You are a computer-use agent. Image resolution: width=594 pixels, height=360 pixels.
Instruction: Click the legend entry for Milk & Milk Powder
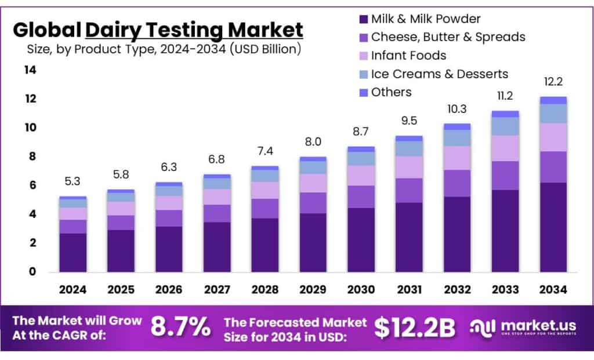click(426, 19)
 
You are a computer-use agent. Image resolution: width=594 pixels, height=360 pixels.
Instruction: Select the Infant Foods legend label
click(408, 56)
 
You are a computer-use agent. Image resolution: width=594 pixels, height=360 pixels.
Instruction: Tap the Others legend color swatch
click(363, 93)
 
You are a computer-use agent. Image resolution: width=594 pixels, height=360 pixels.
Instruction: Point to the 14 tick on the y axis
click(30, 70)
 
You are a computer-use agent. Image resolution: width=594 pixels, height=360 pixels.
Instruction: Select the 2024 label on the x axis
click(73, 289)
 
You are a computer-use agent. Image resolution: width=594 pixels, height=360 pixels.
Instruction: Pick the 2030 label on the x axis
click(361, 289)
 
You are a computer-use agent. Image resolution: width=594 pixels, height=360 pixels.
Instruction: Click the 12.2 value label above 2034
click(553, 82)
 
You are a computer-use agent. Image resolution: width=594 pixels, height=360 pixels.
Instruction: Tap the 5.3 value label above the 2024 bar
click(73, 181)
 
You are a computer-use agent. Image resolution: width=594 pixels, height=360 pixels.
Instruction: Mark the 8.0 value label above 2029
click(313, 142)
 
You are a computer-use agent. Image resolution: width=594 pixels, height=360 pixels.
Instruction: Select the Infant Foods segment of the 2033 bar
click(505, 148)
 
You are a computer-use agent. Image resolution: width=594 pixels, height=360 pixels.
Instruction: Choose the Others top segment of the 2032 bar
click(457, 126)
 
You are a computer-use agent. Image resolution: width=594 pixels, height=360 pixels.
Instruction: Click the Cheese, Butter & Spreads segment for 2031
click(409, 190)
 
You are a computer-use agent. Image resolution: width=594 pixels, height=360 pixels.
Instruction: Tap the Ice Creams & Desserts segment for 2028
click(265, 176)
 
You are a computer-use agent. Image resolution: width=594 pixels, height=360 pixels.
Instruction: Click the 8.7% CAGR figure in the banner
click(180, 328)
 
